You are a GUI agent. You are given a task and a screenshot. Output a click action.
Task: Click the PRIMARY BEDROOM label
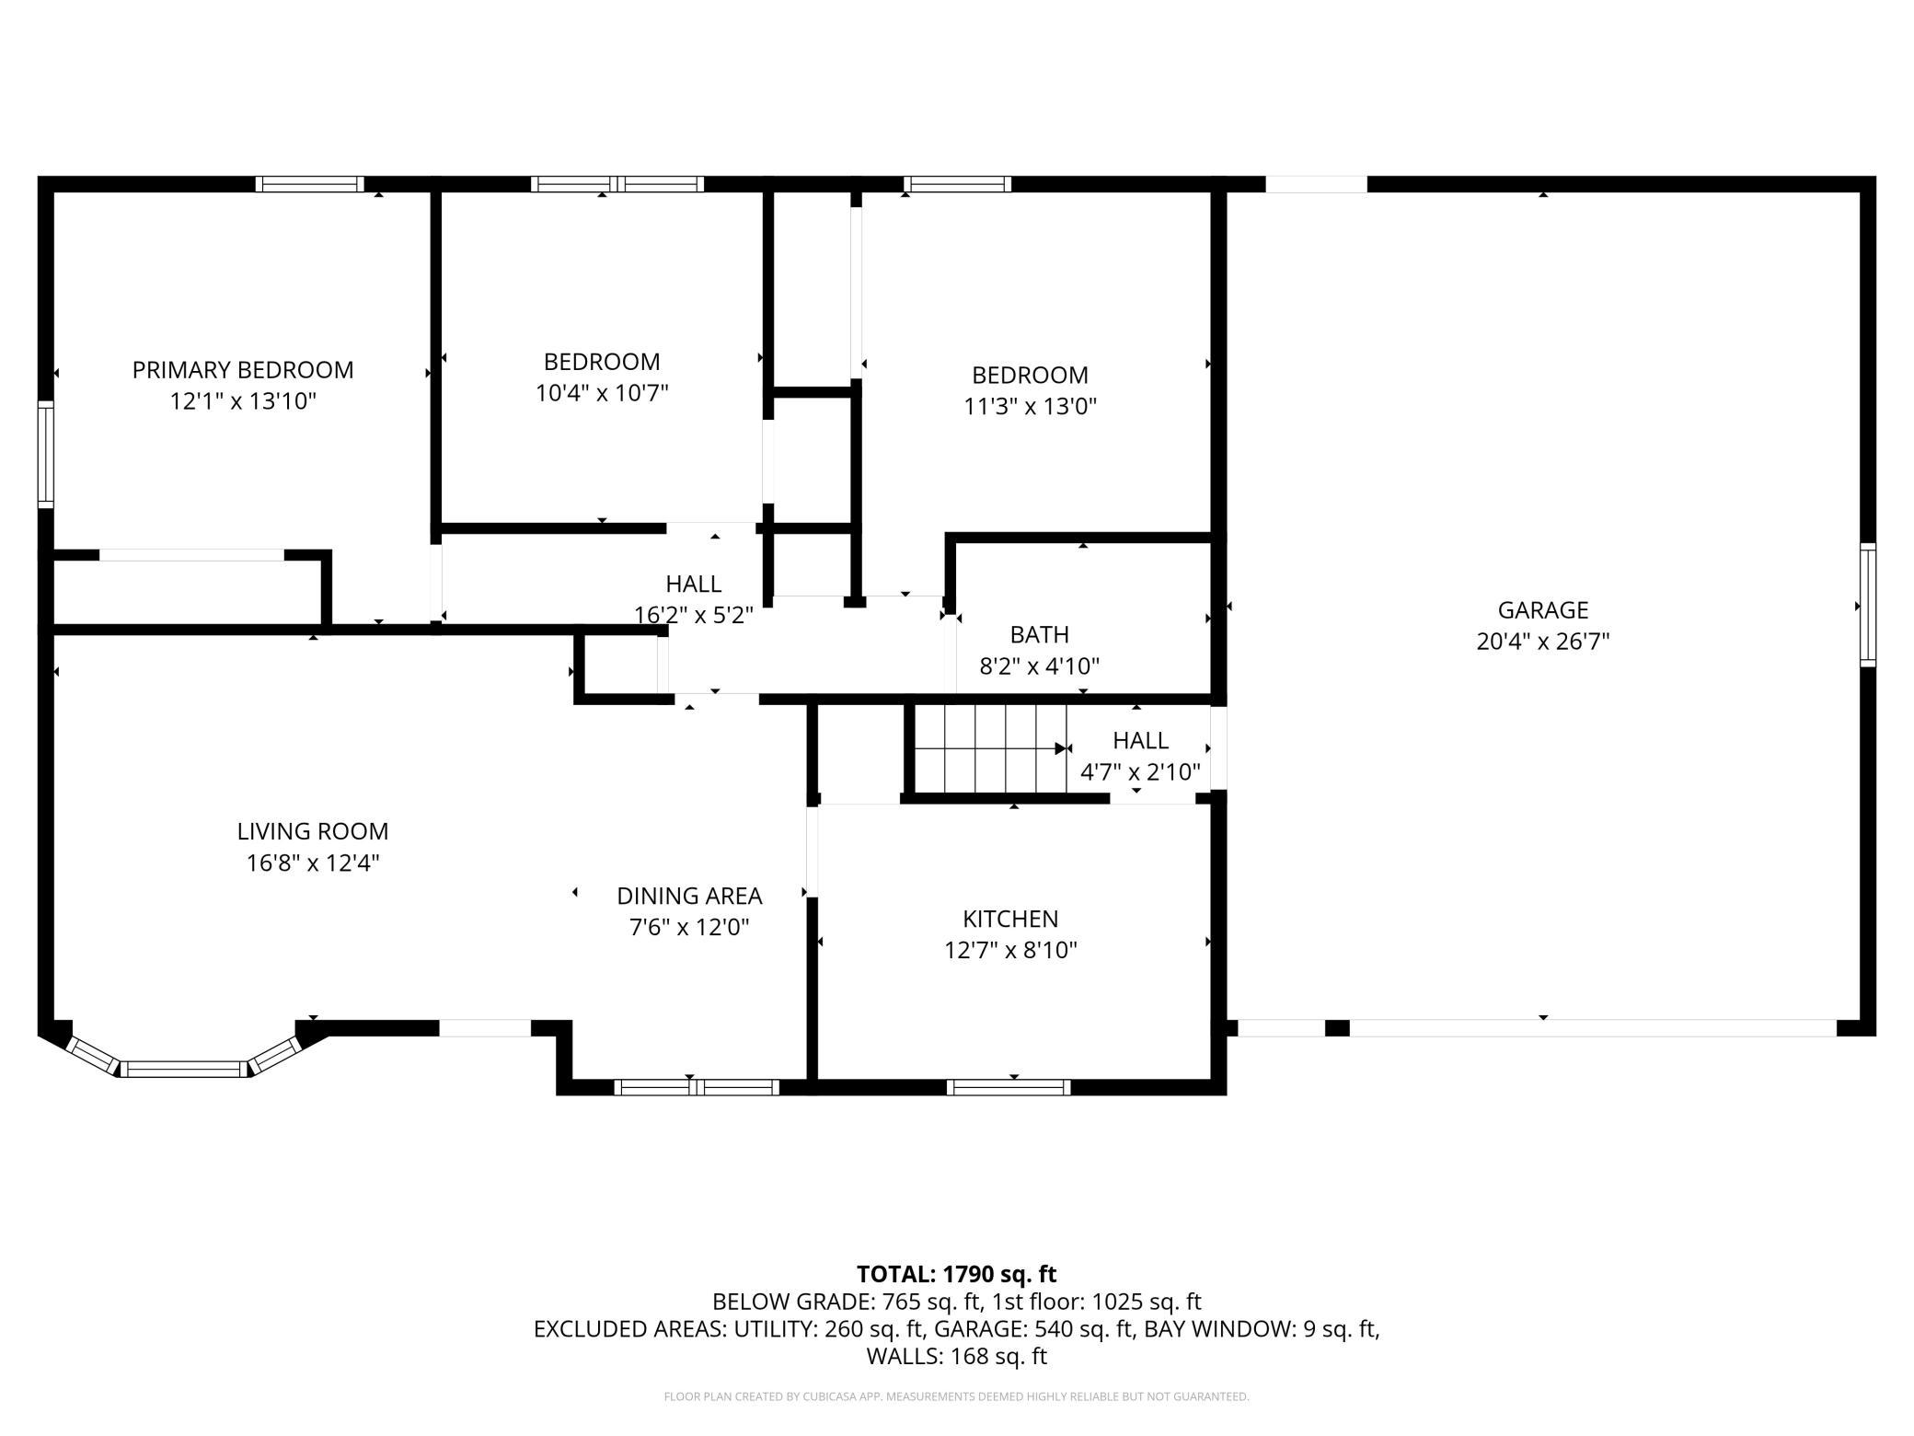(243, 370)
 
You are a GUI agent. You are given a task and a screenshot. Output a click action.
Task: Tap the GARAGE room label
(1543, 610)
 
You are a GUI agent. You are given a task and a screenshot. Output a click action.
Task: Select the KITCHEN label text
(1010, 919)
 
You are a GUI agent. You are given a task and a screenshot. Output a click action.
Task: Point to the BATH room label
(1040, 634)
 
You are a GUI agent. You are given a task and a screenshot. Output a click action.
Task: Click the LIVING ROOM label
(313, 831)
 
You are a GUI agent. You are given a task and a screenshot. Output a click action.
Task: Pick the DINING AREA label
(689, 896)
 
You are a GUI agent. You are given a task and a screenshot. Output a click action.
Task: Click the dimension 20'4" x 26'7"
(1543, 642)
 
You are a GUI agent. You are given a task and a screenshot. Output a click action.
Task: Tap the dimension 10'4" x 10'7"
(602, 393)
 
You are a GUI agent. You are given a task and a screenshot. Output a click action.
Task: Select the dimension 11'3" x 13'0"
(1031, 407)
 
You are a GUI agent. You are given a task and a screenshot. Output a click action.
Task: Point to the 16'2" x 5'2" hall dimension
(694, 615)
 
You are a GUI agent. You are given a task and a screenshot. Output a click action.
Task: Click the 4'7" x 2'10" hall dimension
(1140, 771)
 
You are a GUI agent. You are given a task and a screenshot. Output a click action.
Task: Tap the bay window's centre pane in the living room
(184, 1069)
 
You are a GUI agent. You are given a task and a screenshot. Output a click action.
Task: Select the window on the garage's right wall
(1868, 605)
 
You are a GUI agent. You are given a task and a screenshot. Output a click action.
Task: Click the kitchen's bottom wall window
(1009, 1087)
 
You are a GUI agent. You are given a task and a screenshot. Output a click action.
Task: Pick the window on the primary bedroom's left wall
(45, 454)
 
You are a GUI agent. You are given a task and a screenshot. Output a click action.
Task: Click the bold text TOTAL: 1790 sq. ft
(957, 1274)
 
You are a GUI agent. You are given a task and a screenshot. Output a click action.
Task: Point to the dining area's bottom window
(697, 1087)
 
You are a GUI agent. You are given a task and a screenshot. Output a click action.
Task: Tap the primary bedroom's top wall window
(309, 184)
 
